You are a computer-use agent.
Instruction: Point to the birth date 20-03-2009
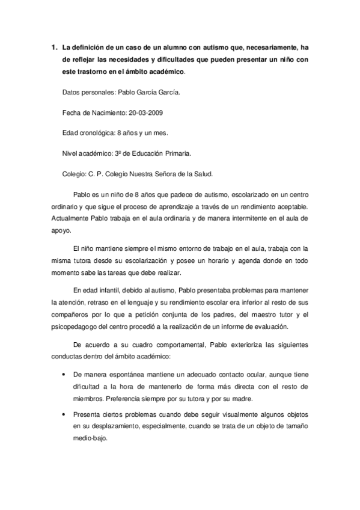pos(138,112)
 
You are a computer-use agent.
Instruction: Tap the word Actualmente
pos(74,217)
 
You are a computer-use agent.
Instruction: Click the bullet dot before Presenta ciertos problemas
pos(64,414)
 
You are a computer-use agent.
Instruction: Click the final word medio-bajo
pos(89,439)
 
